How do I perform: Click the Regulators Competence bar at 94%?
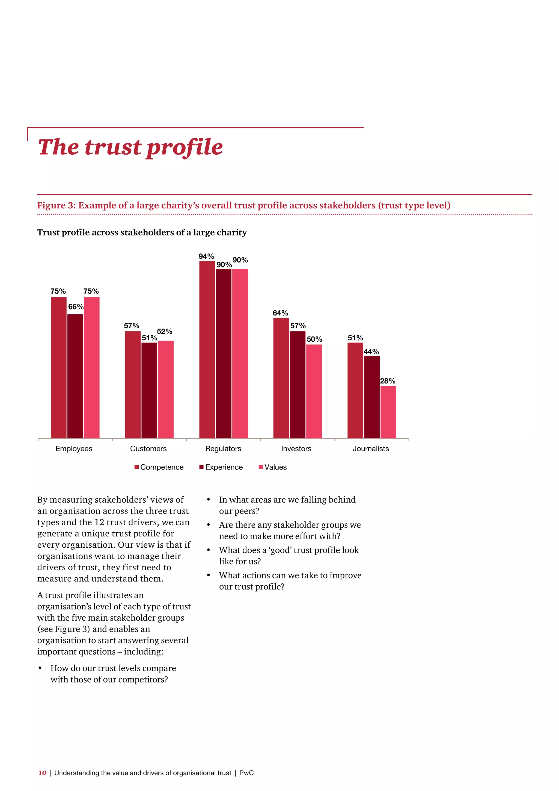point(207,350)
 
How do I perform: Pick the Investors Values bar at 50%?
point(314,391)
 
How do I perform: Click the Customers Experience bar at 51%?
point(149,390)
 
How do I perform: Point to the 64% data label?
point(280,313)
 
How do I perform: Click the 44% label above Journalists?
point(371,352)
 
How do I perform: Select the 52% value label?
point(165,331)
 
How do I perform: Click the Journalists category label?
point(371,448)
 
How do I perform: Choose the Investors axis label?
point(296,448)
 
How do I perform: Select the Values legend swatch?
point(261,467)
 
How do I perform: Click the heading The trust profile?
point(130,147)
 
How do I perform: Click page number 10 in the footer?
point(42,773)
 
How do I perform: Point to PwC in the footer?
point(246,773)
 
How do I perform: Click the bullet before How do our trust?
point(40,668)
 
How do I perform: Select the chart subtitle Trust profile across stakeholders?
point(142,232)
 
